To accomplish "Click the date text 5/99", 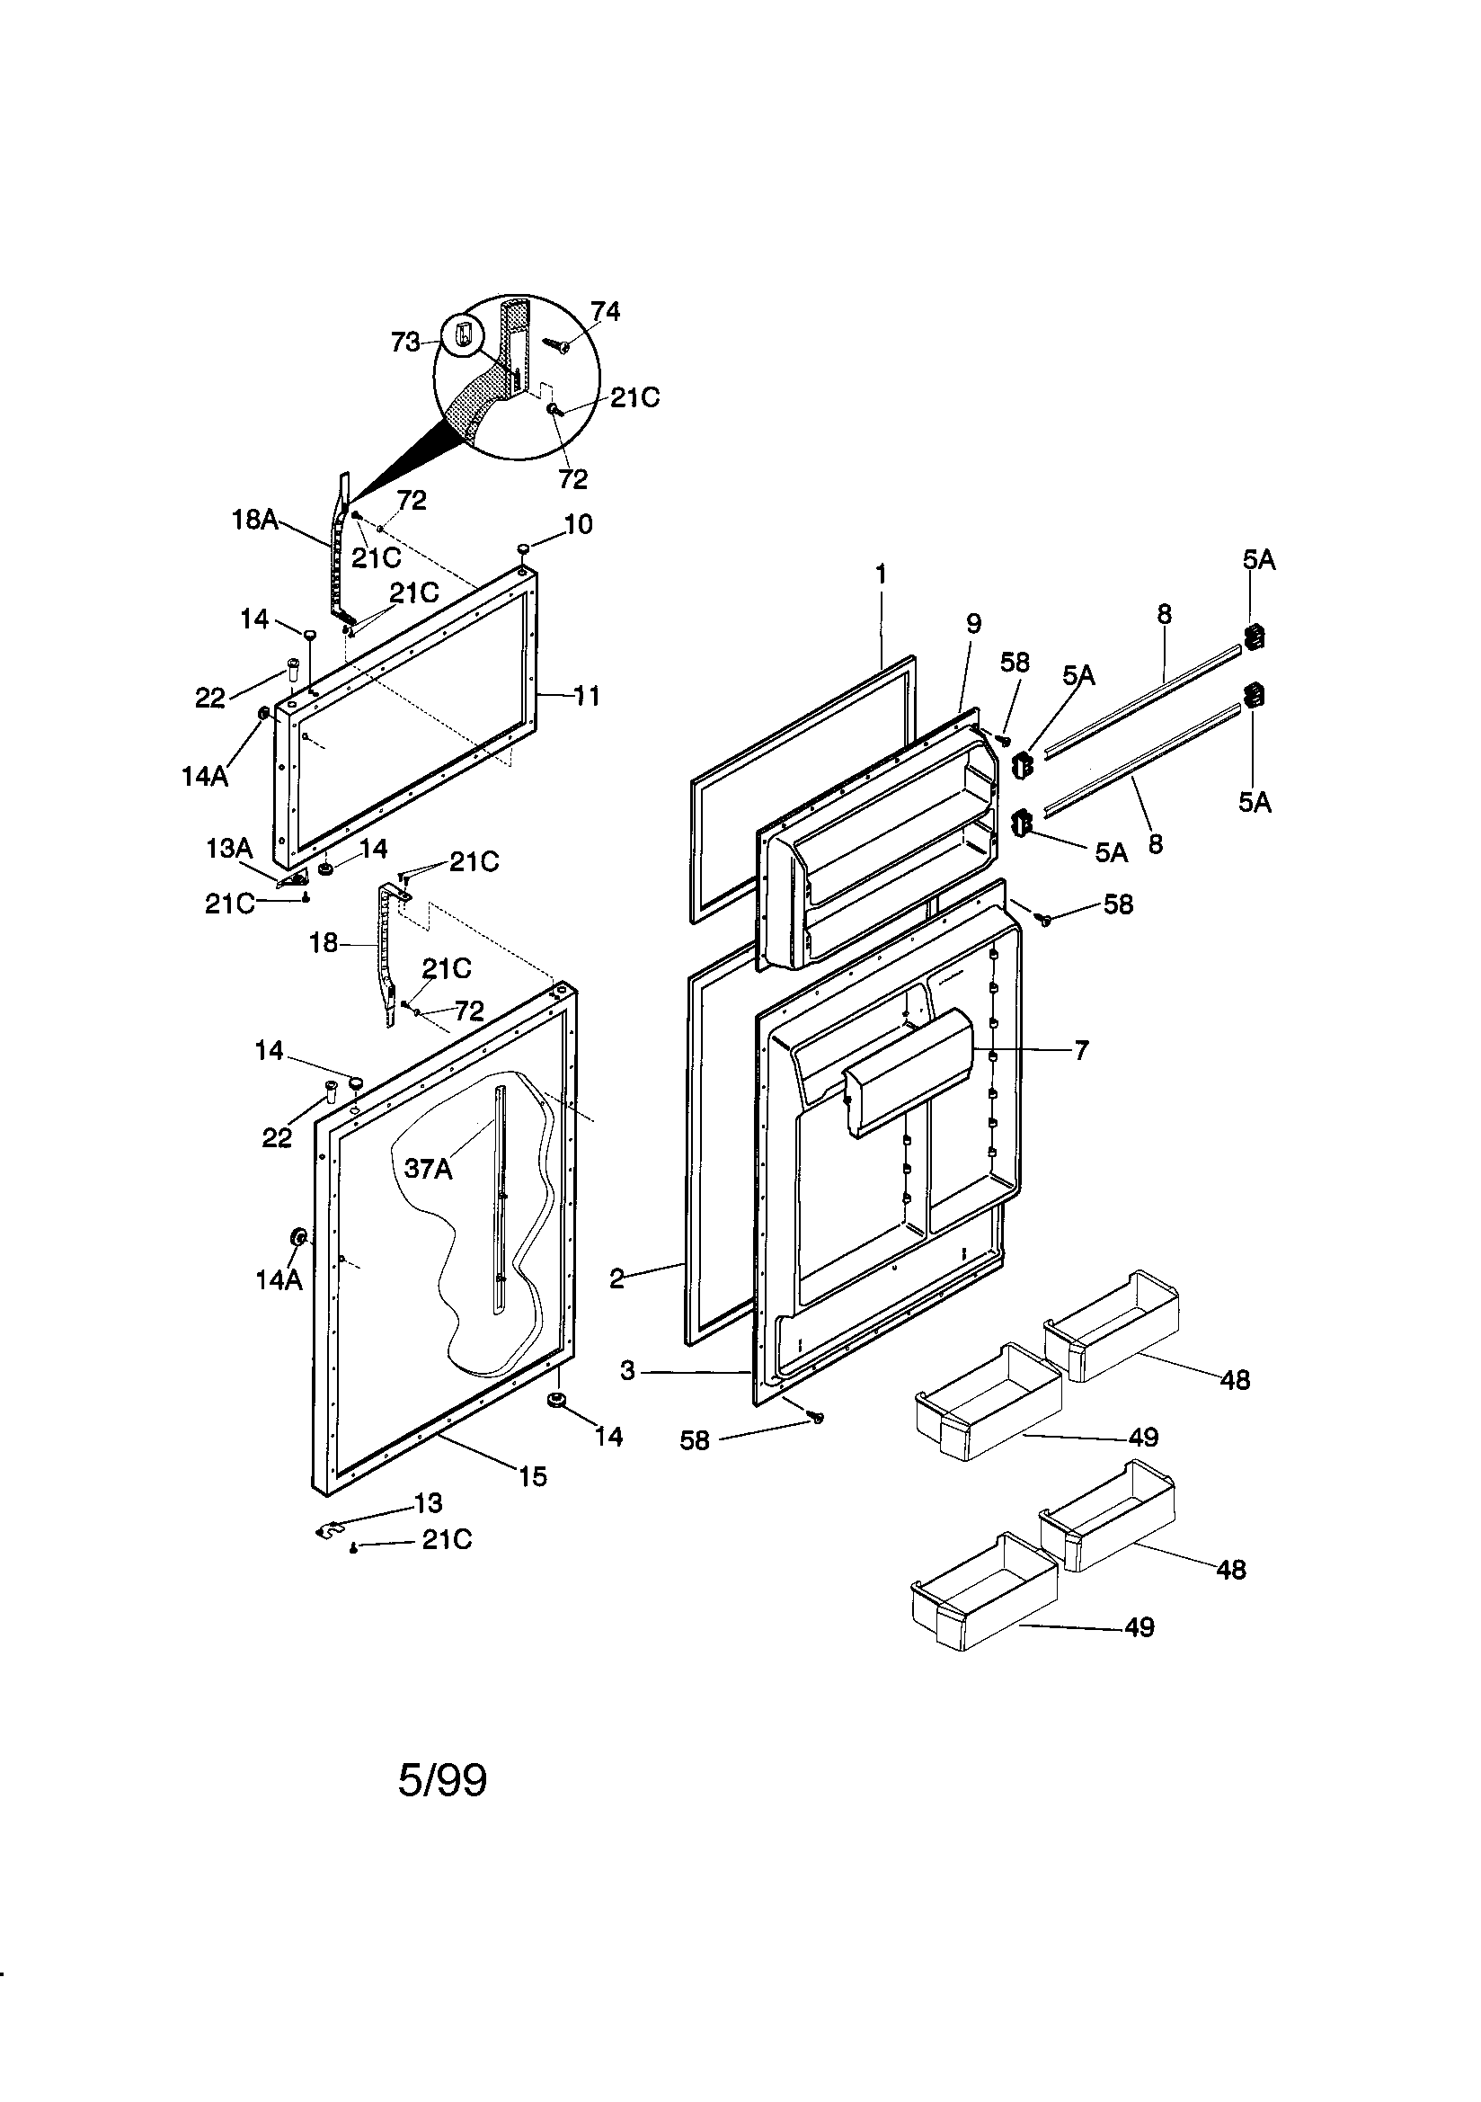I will pyautogui.click(x=442, y=1781).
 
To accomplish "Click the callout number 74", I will pyautogui.click(x=605, y=312).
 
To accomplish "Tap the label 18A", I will pyautogui.click(x=254, y=520).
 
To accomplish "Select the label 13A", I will pyautogui.click(x=229, y=848).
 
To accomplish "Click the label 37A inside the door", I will pyautogui.click(x=429, y=1168).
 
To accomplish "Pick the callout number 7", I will pyautogui.click(x=1081, y=1050).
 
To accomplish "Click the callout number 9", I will pyautogui.click(x=974, y=623).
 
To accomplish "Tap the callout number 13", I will pyautogui.click(x=429, y=1503).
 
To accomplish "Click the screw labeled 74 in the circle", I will pyautogui.click(x=555, y=343).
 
